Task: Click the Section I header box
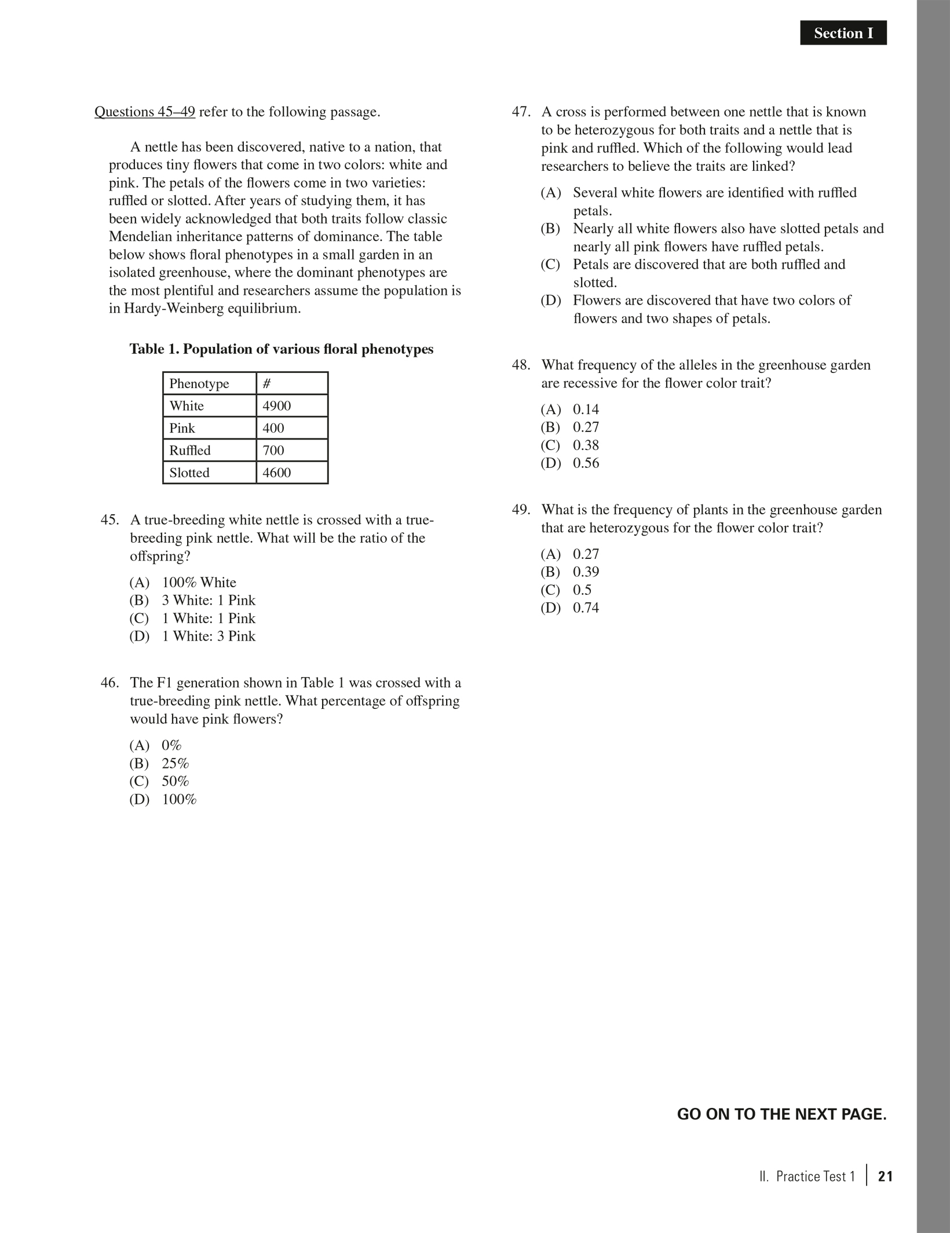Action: [843, 33]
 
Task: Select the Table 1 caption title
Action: [281, 349]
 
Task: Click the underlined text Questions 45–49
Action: [145, 112]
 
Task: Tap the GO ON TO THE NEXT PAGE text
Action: [781, 1114]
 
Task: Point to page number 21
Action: [885, 1176]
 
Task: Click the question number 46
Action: [109, 683]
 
